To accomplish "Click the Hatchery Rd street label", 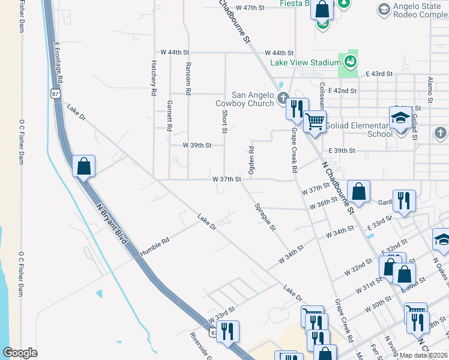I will (x=154, y=79).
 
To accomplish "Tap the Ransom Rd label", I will (x=188, y=79).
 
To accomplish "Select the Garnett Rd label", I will (x=170, y=116).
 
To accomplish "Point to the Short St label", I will (x=224, y=121).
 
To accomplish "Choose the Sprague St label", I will (x=264, y=217).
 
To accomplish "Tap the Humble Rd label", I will (x=155, y=246).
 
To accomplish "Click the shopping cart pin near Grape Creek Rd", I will (x=315, y=122).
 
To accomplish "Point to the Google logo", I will (x=20, y=353).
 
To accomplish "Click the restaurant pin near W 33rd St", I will (x=228, y=332).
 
